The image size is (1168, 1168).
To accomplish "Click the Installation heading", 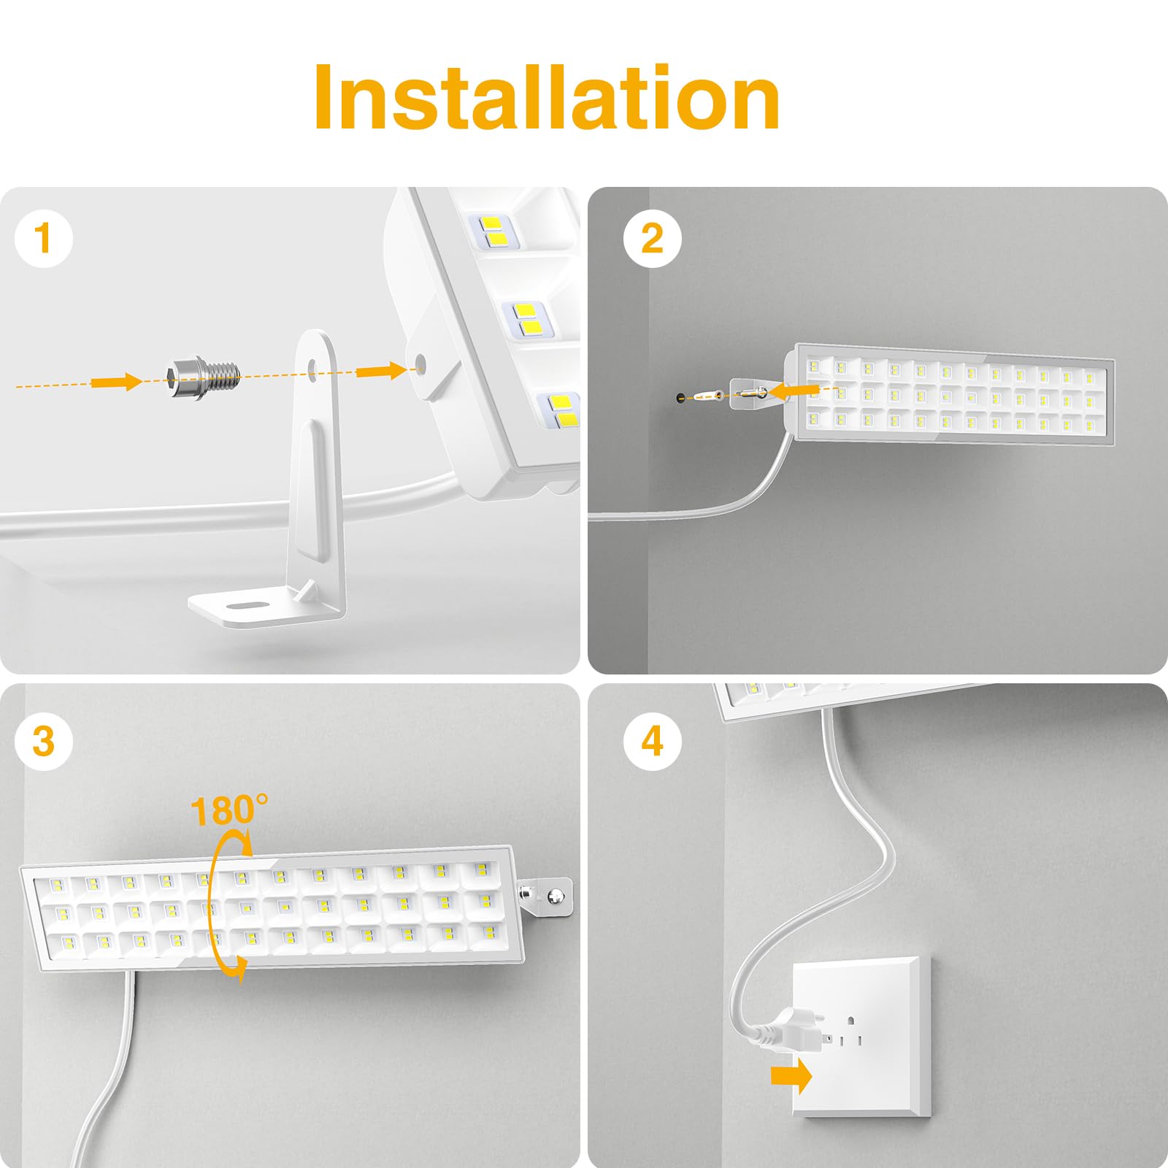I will point(547,99).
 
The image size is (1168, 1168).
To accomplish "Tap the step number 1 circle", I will point(44,238).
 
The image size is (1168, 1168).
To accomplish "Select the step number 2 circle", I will point(652,238).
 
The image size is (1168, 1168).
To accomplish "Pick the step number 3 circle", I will point(44,741).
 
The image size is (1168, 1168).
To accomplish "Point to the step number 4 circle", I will point(652,741).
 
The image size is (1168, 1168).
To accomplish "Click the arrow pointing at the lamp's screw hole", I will point(380,371).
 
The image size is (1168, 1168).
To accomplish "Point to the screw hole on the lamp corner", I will point(420,361).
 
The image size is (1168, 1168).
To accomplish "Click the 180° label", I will point(228,810).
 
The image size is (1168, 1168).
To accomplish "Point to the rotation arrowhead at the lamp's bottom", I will point(237,969).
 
